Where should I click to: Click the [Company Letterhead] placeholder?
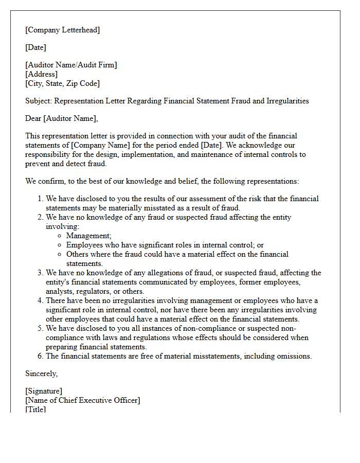62,30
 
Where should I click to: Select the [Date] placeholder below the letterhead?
35,47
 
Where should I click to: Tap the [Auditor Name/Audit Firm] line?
71,65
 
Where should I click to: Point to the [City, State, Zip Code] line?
62,83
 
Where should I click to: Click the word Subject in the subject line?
38,101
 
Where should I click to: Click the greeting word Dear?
33,118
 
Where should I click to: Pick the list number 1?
41,199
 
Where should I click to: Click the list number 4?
41,300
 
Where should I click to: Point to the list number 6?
41,356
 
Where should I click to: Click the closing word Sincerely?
41,373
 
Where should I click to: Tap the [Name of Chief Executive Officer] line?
82,400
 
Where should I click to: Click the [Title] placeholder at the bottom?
35,409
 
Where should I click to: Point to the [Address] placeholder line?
41,74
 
